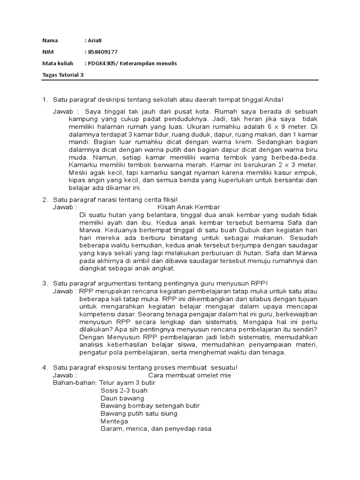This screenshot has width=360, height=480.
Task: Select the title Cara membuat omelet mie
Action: coord(189,375)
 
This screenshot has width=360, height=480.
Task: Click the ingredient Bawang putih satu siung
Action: coord(139,413)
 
